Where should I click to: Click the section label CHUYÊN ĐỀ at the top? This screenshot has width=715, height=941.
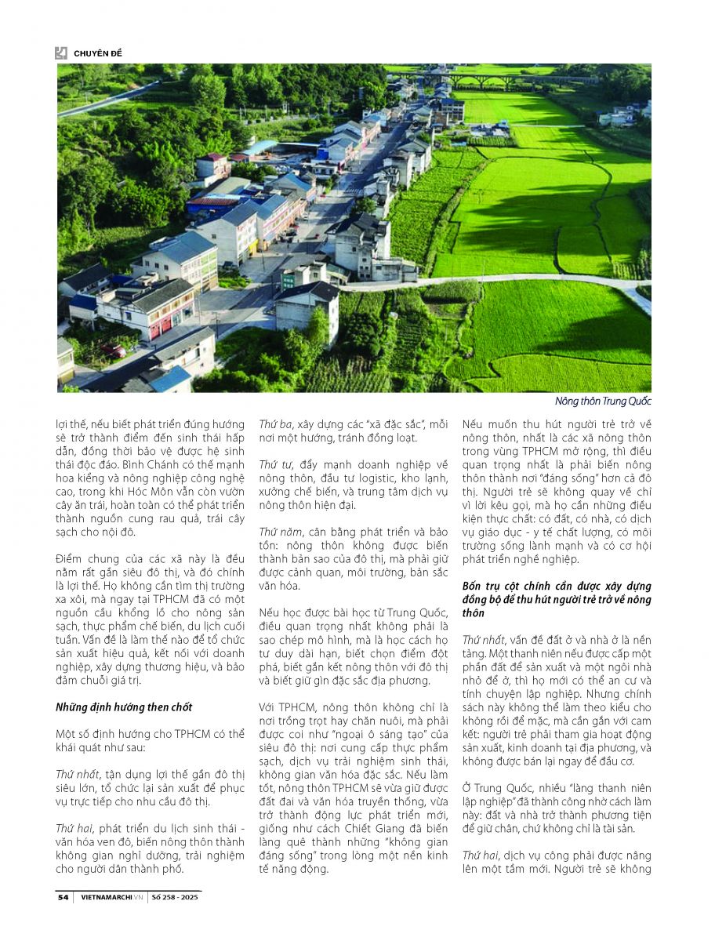98,53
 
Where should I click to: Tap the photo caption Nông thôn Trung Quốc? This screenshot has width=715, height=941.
603,401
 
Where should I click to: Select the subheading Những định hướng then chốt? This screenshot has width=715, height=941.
124,707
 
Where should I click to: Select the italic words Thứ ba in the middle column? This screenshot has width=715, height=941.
275,423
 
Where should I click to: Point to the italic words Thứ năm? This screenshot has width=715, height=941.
279,531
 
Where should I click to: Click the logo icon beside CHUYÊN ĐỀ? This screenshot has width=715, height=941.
61,53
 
